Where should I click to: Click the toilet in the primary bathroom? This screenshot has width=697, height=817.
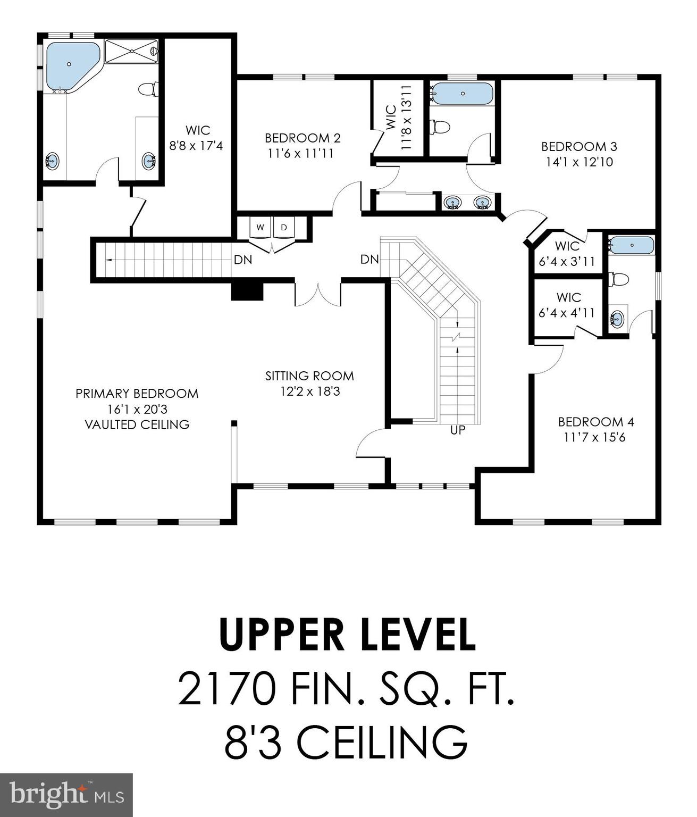tap(149, 88)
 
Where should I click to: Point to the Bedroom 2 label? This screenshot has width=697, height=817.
tap(303, 138)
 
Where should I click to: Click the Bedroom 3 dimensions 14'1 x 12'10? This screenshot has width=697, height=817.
tap(580, 162)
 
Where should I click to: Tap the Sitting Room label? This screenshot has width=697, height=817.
tap(309, 376)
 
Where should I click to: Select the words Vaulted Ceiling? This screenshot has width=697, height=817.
tap(138, 424)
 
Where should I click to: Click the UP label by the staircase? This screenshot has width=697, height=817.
tap(458, 430)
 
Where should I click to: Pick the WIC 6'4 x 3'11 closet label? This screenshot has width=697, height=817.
tap(567, 254)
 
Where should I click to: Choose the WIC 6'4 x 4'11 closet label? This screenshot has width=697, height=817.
tap(567, 305)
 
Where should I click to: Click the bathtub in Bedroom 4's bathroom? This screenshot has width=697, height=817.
tap(631, 245)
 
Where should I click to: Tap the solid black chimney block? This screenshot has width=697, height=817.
tap(247, 291)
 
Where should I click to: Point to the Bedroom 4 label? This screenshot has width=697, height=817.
tap(596, 422)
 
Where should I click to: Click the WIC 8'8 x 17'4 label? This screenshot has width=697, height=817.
tap(196, 138)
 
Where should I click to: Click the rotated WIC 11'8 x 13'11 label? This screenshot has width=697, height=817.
tap(398, 118)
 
